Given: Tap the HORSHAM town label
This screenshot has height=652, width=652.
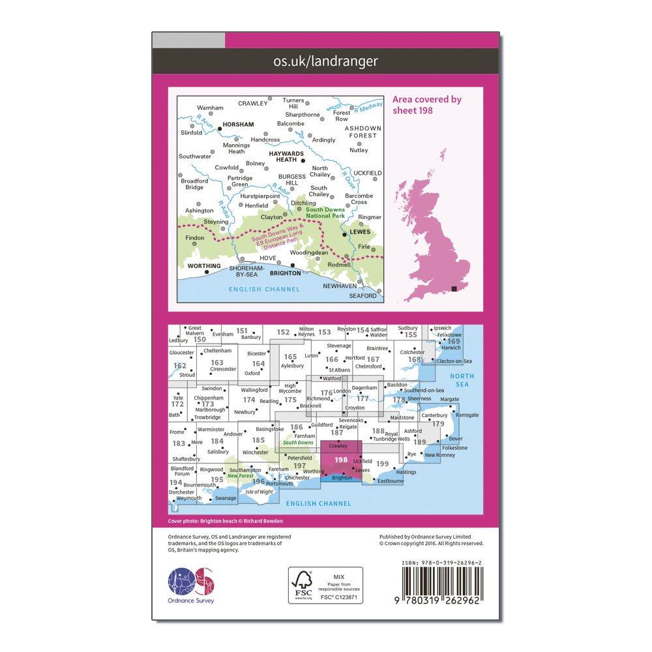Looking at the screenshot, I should coord(237,123).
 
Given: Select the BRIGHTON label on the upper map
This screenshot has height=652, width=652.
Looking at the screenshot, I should coord(276,274).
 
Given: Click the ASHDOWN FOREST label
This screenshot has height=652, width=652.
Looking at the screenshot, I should coord(362,132).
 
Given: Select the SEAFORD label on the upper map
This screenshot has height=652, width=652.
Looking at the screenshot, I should coord(363,295).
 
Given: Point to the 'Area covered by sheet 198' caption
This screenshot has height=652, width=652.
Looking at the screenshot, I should coord(426,104).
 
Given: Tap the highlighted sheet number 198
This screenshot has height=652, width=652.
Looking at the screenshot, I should coord(340,459).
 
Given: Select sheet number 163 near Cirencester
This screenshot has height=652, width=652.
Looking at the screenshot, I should coord(217,363).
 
